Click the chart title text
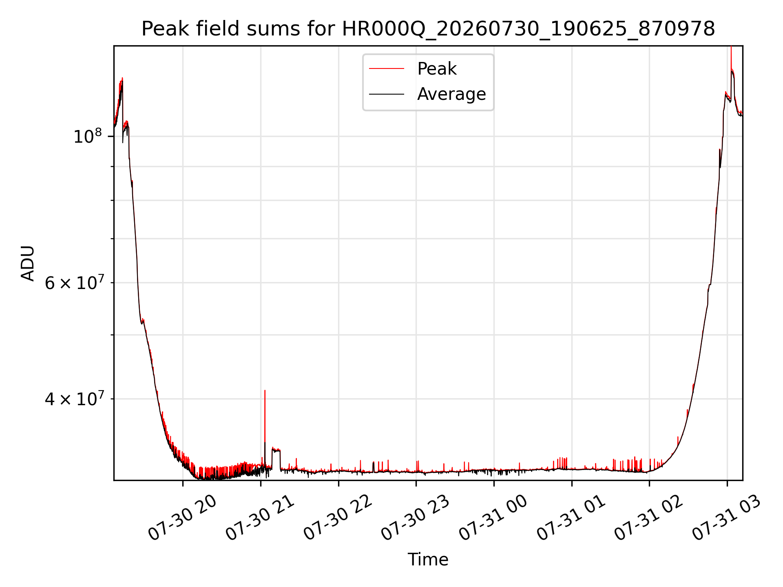(x=428, y=29)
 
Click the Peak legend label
(x=437, y=68)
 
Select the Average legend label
(x=451, y=94)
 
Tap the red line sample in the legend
(x=387, y=68)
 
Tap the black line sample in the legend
(x=387, y=94)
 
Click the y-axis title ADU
(x=28, y=263)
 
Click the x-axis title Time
(x=428, y=559)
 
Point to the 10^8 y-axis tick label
(x=87, y=136)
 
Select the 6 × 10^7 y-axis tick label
(x=74, y=282)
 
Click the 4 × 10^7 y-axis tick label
(x=74, y=399)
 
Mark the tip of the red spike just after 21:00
(x=265, y=391)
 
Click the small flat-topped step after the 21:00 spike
(x=276, y=450)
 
